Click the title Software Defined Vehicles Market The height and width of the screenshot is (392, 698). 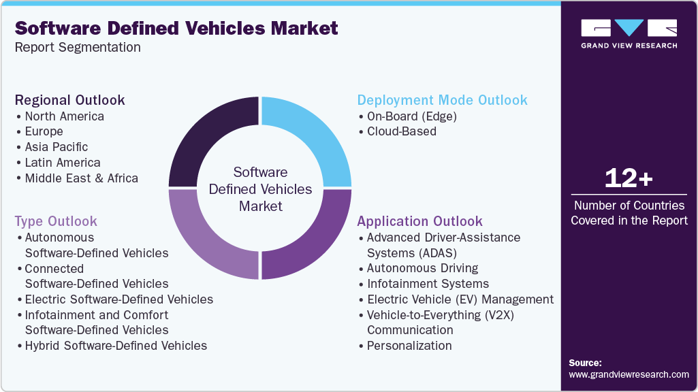pyautogui.click(x=176, y=28)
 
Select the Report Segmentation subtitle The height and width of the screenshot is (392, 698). pyautogui.click(x=78, y=47)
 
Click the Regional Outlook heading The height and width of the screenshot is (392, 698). pyautogui.click(x=70, y=100)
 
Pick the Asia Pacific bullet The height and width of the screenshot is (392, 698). pyautogui.click(x=57, y=147)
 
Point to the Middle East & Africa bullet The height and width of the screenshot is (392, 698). pyautogui.click(x=81, y=178)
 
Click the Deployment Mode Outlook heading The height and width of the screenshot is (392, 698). pyautogui.click(x=442, y=100)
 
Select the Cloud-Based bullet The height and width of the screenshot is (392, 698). pyautogui.click(x=401, y=131)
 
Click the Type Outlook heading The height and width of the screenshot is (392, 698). pyautogui.click(x=56, y=221)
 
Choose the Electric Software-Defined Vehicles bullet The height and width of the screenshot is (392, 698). pyautogui.click(x=118, y=299)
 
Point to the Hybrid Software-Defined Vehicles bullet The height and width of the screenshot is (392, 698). pyautogui.click(x=116, y=346)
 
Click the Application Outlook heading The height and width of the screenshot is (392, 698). pyautogui.click(x=419, y=221)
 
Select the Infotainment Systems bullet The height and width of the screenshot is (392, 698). pyautogui.click(x=428, y=284)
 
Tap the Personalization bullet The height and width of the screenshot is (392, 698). pyautogui.click(x=409, y=346)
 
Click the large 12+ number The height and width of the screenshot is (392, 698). pyautogui.click(x=629, y=178)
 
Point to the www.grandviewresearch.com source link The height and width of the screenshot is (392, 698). pyautogui.click(x=629, y=374)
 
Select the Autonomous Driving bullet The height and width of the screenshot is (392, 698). pyautogui.click(x=422, y=268)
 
